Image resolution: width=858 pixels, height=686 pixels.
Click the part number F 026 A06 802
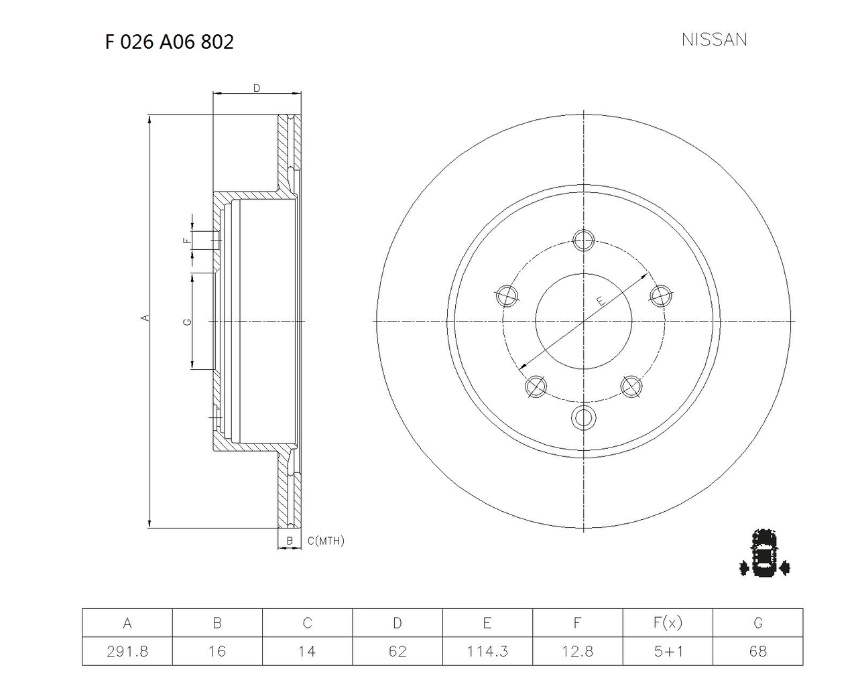(x=169, y=42)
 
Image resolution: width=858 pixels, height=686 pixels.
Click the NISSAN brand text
(x=714, y=40)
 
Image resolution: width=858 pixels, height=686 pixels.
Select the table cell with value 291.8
(x=127, y=651)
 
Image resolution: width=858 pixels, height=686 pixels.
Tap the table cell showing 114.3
(x=487, y=651)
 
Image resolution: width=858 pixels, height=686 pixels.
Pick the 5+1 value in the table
(x=667, y=651)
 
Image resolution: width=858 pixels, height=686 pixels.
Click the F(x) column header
(x=667, y=623)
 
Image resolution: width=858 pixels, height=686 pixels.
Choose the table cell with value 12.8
(x=577, y=651)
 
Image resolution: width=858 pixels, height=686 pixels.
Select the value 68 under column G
(x=757, y=651)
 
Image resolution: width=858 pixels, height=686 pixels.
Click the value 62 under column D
(x=397, y=651)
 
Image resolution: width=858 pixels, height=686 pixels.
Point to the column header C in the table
(x=307, y=623)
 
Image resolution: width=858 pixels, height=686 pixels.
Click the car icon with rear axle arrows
(x=764, y=553)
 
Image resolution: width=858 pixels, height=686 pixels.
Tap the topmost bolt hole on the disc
(x=584, y=239)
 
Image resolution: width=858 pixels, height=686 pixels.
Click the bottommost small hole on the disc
(x=584, y=417)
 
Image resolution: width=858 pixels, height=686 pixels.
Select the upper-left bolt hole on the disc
(x=506, y=295)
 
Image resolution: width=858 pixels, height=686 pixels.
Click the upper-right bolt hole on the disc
(x=662, y=295)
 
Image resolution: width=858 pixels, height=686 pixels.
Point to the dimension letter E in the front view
(x=601, y=301)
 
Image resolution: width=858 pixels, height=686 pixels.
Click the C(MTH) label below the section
(x=326, y=541)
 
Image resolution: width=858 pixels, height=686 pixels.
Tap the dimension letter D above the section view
(x=256, y=88)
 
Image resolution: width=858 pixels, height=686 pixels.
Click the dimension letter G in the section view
(x=188, y=322)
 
